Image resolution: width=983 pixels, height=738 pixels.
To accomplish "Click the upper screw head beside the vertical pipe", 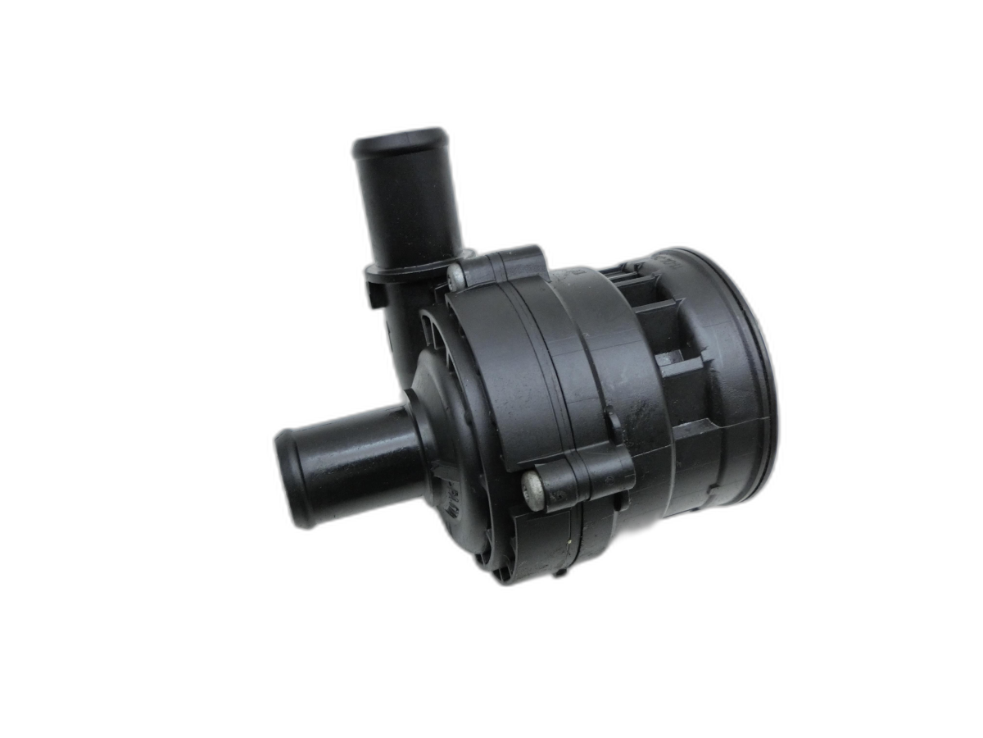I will point(456,277).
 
